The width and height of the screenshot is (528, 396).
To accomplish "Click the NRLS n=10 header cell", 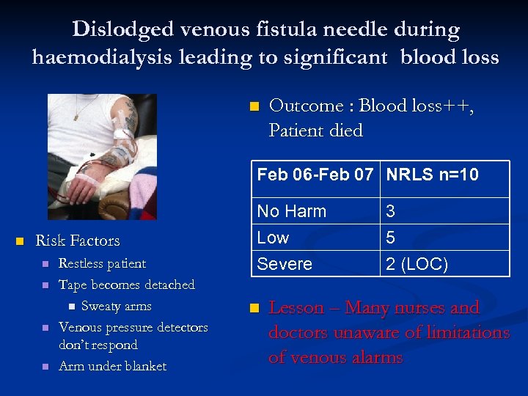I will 432,175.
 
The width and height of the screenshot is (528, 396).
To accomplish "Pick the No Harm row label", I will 291,211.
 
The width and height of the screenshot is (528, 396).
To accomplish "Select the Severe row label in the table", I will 284,263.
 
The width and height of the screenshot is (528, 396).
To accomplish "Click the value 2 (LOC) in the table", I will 417,263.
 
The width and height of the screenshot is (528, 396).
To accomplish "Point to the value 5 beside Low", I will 391,238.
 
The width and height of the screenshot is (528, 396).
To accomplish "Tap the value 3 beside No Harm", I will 391,211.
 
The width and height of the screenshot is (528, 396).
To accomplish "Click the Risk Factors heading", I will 77,241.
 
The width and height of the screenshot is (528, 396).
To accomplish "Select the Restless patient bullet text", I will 102,263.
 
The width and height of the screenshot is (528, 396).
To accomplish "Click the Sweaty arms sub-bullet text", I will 116,306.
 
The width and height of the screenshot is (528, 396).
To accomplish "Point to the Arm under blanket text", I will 112,366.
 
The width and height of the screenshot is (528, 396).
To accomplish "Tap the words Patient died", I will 315,131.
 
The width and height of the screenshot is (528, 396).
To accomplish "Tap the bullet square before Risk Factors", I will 20,241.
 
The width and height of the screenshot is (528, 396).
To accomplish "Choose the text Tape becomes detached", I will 126,285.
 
